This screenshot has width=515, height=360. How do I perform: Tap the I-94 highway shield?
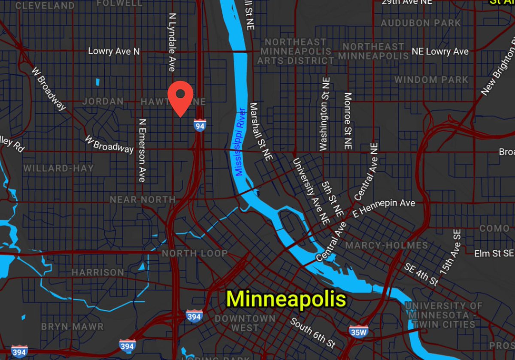tap(200, 125)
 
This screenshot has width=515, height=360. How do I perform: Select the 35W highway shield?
tap(358, 331)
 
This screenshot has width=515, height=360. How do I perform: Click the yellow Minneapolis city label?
tap(286, 299)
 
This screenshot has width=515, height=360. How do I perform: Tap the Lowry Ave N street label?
tap(114, 51)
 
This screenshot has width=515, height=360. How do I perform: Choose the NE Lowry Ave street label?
tap(440, 51)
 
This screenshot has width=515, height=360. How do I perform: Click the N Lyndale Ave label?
tap(172, 42)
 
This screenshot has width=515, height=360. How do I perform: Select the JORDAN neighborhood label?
tap(103, 102)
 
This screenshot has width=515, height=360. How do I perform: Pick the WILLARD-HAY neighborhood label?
tap(58, 168)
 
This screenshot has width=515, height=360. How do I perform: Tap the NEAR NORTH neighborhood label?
tap(142, 200)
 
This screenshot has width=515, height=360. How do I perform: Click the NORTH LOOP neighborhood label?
tap(194, 254)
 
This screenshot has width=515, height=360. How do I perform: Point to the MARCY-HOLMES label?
tap(387, 245)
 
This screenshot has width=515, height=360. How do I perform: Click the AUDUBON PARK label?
tap(421, 23)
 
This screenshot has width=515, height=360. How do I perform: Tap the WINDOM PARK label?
tap(431, 80)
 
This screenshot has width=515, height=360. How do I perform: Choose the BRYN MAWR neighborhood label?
tap(73, 327)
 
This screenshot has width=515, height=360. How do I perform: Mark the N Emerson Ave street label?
tap(142, 150)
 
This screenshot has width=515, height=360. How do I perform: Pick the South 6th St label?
tap(313, 333)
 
